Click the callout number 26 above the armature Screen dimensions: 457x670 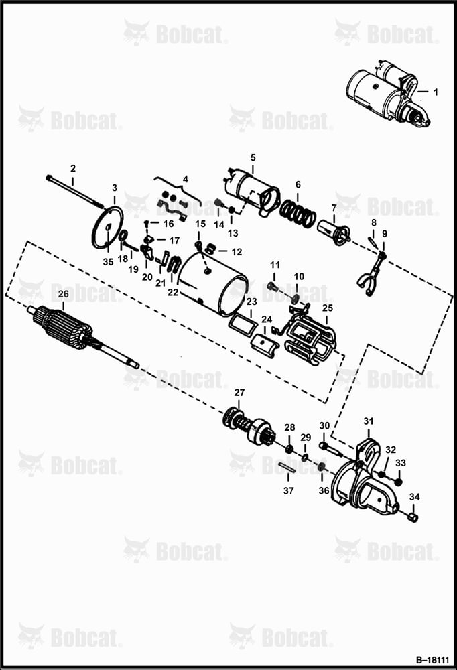(63, 294)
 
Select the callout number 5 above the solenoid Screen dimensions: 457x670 (253, 157)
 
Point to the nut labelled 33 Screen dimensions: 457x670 (398, 482)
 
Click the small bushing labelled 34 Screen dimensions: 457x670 (413, 518)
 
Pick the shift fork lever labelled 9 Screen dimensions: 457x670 (370, 275)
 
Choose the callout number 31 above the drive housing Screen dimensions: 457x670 (369, 421)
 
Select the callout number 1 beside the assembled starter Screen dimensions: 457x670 (436, 92)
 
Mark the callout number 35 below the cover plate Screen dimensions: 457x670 (108, 262)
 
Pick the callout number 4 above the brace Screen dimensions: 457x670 (185, 179)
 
